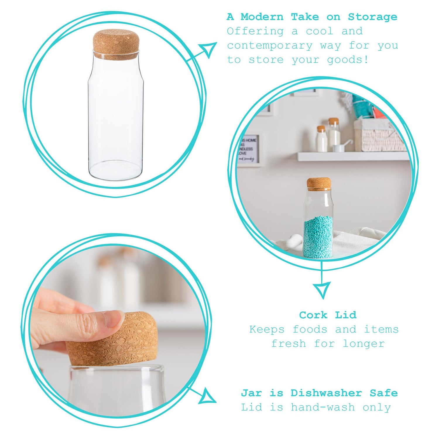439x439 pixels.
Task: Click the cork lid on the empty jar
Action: (x=116, y=44)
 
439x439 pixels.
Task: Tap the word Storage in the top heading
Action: (x=373, y=17)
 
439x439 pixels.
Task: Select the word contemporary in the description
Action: (x=270, y=46)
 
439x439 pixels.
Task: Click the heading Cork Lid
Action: (x=327, y=315)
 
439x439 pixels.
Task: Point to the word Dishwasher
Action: (x=326, y=393)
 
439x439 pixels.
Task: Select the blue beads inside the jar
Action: (x=318, y=237)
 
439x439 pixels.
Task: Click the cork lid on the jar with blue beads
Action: (x=319, y=184)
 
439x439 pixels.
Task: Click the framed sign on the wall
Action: (x=249, y=149)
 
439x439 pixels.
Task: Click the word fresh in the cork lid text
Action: (x=289, y=344)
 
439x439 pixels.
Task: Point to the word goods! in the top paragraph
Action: (x=348, y=60)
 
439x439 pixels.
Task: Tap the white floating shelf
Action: (x=351, y=157)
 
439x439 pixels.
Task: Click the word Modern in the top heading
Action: (x=262, y=17)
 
